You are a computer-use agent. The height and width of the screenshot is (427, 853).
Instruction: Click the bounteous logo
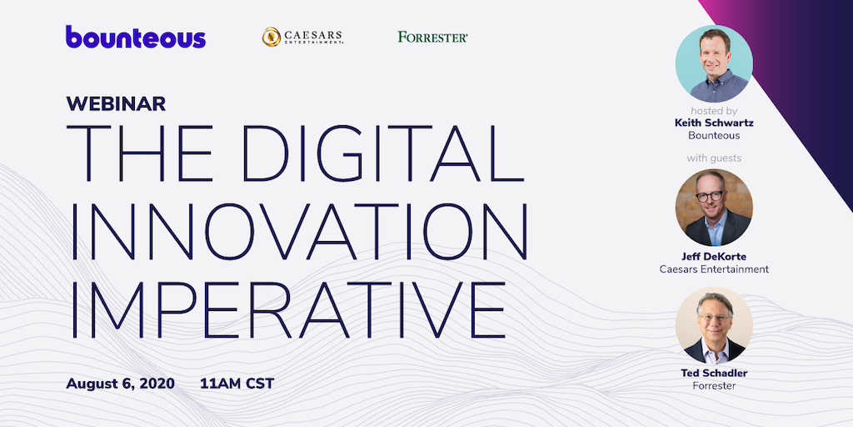[136, 37]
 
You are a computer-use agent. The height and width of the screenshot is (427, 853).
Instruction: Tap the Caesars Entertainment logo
[302, 37]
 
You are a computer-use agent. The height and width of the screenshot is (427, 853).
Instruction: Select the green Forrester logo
[433, 37]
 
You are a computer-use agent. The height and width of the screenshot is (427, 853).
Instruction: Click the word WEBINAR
[116, 103]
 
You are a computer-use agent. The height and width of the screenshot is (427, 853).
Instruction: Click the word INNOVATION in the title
[299, 232]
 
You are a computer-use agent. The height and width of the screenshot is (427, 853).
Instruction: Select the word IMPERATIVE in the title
[287, 310]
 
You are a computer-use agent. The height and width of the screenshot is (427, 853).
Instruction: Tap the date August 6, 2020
[120, 384]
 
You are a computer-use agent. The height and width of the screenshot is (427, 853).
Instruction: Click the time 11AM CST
[237, 384]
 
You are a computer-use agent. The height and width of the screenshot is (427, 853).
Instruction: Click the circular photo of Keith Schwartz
[714, 63]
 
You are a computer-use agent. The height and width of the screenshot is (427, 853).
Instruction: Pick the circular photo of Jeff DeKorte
[714, 208]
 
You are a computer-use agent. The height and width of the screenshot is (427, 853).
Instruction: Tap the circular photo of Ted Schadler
[714, 325]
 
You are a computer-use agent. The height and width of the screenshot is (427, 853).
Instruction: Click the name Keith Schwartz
[714, 123]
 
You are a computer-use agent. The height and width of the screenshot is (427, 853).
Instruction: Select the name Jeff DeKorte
[714, 257]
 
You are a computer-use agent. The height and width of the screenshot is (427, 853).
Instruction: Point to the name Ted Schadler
[714, 373]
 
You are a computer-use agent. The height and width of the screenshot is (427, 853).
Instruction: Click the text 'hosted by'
[714, 111]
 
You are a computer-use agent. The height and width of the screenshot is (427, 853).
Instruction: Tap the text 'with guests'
[714, 158]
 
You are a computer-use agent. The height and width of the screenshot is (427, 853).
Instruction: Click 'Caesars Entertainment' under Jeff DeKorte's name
[714, 269]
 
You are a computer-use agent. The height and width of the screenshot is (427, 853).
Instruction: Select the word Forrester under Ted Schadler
[714, 386]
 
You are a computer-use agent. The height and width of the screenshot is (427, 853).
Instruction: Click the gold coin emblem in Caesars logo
[272, 37]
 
